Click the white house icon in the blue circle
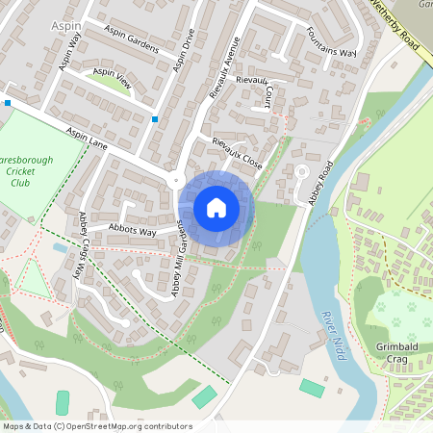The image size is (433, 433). click(216, 207)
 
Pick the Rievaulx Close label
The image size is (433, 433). click(237, 151)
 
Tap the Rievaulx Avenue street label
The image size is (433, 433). click(223, 68)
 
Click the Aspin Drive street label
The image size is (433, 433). click(184, 50)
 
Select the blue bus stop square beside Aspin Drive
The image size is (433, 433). click(155, 119)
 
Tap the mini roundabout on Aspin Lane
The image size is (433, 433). click(175, 181)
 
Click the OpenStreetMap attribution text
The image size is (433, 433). click(97, 426)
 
